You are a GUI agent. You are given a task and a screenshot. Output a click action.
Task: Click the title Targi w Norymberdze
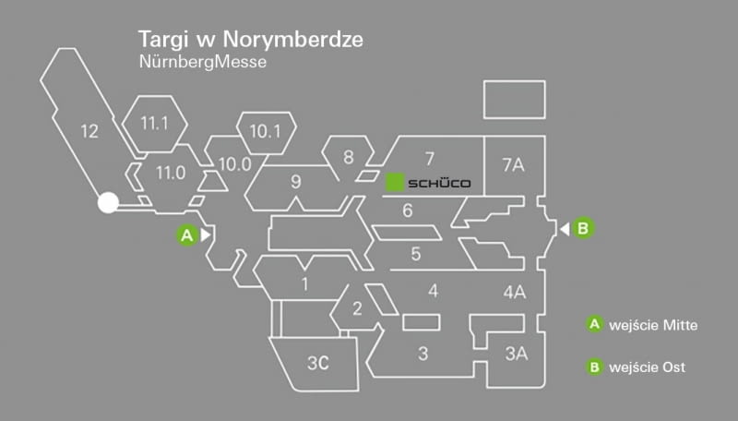pyautogui.click(x=249, y=41)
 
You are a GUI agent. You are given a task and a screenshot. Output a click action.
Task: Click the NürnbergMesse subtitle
pyautogui.click(x=201, y=63)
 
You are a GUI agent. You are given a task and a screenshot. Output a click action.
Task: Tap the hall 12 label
pyautogui.click(x=89, y=131)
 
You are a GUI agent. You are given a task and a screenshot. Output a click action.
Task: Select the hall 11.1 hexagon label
pyautogui.click(x=155, y=123)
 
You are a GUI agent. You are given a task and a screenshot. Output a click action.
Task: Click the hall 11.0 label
pyautogui.click(x=171, y=172)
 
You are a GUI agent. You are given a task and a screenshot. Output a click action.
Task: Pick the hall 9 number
pyautogui.click(x=295, y=181)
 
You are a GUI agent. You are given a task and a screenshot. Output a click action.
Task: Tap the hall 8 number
pyautogui.click(x=348, y=157)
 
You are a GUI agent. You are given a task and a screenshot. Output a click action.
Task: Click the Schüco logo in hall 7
pyautogui.click(x=428, y=183)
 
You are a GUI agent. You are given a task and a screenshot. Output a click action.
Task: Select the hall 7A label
pyautogui.click(x=513, y=165)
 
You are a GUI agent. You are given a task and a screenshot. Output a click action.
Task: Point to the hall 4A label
pyautogui.click(x=514, y=293)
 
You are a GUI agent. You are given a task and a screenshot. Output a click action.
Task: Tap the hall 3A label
pyautogui.click(x=517, y=353)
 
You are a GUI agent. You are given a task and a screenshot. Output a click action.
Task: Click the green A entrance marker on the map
pyautogui.click(x=186, y=235)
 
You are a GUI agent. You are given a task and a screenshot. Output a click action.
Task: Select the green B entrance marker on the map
pyautogui.click(x=582, y=227)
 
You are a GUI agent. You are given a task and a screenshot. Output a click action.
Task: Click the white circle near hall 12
pyautogui.click(x=108, y=203)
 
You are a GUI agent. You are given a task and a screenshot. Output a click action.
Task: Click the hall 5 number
pyautogui.click(x=416, y=253)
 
